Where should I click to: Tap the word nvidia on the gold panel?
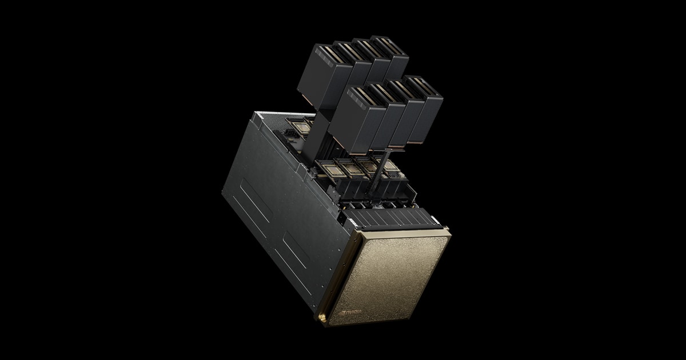[353, 312]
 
